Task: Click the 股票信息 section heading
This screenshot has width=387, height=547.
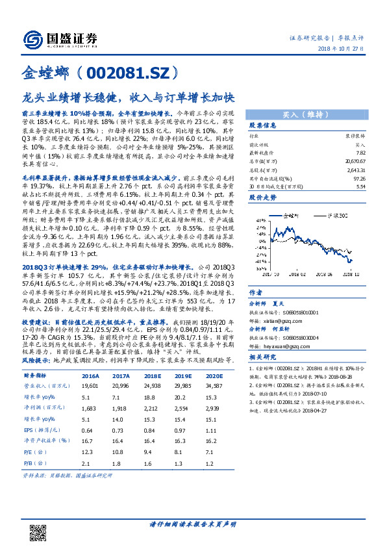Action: [264, 125]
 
